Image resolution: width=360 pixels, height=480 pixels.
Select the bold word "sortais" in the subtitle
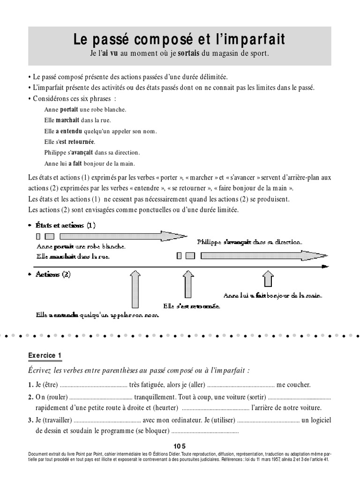[187, 53]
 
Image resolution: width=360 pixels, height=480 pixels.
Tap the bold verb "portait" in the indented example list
[69, 109]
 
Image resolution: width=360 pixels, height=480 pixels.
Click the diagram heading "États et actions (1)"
[66, 225]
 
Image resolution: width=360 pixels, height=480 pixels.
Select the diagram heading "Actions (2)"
[53, 275]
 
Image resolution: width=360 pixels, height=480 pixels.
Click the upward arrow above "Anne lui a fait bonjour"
[267, 279]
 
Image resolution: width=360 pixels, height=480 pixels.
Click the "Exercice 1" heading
[45, 356]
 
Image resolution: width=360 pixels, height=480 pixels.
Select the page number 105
[180, 446]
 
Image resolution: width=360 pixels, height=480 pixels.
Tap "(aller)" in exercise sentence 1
[196, 385]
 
